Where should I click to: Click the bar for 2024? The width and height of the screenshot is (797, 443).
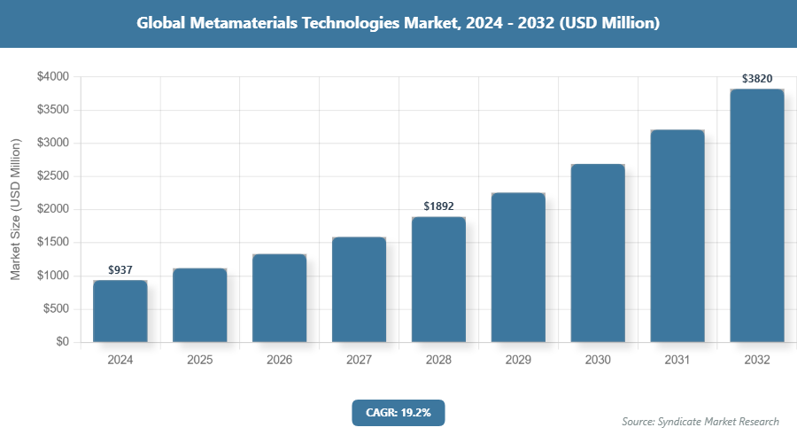[x=120, y=311]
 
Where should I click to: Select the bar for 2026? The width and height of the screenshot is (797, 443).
[x=279, y=299]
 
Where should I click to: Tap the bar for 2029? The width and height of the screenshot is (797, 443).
[x=518, y=268]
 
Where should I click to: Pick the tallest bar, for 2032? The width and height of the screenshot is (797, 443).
[x=757, y=215]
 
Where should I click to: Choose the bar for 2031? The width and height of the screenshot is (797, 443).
[x=677, y=236]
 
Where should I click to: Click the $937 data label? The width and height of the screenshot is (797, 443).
[x=120, y=269]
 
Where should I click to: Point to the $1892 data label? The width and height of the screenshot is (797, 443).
[x=438, y=206]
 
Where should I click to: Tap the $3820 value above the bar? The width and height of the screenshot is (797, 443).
[x=757, y=79]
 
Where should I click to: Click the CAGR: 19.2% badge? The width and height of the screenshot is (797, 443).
[x=398, y=412]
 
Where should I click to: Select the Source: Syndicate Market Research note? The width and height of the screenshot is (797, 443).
[x=700, y=422]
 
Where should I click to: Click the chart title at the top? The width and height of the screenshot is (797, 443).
[x=398, y=24]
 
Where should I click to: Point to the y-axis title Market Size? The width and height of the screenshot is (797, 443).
[x=16, y=209]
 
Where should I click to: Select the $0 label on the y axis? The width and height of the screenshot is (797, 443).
[x=62, y=342]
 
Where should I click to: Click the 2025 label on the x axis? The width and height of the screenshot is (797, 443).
[x=199, y=361]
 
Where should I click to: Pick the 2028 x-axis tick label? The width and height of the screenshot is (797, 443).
[x=438, y=361]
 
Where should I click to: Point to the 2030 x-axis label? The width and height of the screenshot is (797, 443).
[x=598, y=361]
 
